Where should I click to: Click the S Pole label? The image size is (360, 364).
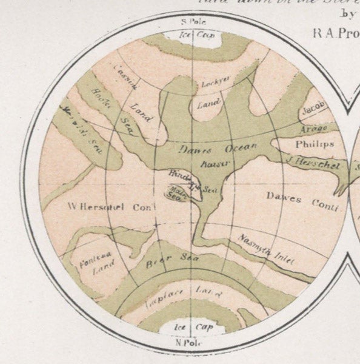192,21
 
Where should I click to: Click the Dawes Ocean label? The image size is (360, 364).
218,148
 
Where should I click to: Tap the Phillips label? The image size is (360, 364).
315,144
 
